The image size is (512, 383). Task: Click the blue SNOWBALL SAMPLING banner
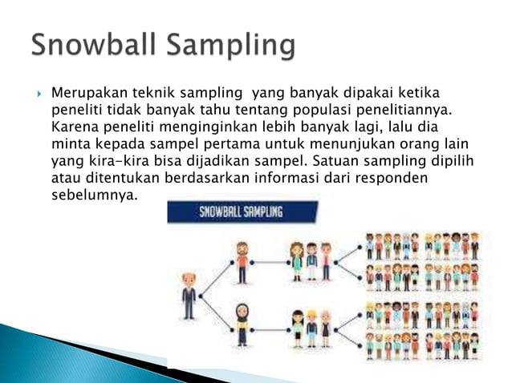(242, 213)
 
